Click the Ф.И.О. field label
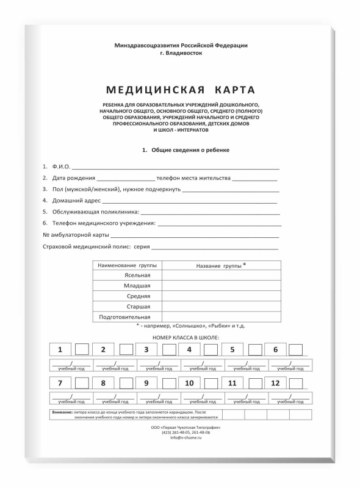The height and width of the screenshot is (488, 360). (x=62, y=167)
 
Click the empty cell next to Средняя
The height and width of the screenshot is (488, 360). (x=221, y=296)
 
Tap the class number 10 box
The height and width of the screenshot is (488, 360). (x=190, y=384)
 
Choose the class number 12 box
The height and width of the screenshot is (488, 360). (x=276, y=384)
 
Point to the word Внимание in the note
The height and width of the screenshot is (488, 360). (x=63, y=413)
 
